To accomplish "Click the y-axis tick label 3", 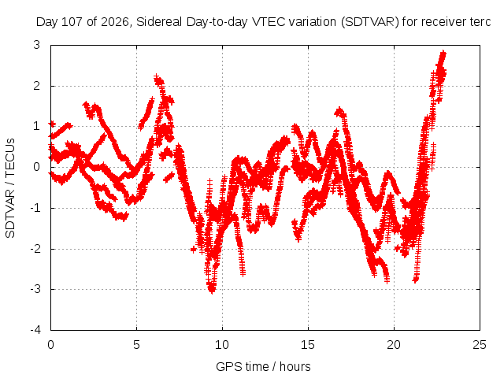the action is tap(37, 45).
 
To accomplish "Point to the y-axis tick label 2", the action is tap(37, 86).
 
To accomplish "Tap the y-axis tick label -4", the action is tap(35, 330).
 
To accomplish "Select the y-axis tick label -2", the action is tap(35, 249).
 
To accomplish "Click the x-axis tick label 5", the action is tap(136, 345).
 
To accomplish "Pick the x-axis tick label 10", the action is tap(222, 345).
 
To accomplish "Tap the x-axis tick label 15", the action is tap(308, 345).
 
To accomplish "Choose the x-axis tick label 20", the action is tap(394, 345).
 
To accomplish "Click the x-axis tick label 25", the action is tap(480, 345).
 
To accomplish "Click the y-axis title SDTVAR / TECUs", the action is tap(10, 188).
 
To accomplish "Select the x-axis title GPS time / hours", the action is tap(263, 366).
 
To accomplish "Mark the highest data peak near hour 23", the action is tap(443, 53).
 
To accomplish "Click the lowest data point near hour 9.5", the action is tap(212, 291).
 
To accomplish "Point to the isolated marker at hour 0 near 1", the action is tap(52, 124).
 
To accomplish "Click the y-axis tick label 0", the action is tap(37, 167).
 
